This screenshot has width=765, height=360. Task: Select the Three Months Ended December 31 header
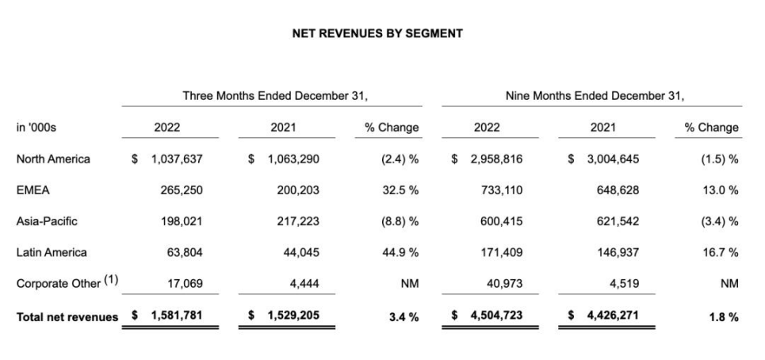tap(275, 95)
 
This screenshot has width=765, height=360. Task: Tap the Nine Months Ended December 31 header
tap(595, 95)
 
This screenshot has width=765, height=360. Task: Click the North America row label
tap(52, 159)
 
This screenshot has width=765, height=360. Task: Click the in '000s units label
tap(35, 127)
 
